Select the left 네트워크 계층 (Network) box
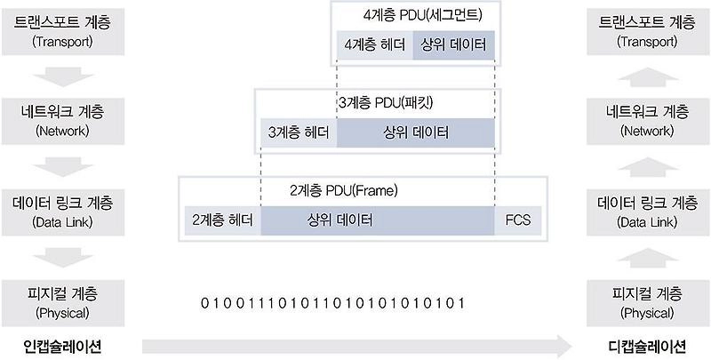62,120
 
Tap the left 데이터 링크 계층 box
62,211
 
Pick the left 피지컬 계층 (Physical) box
62,301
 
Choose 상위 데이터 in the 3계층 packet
415,132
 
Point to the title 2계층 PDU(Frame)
343,190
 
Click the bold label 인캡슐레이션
61,345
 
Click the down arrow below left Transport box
62,76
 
